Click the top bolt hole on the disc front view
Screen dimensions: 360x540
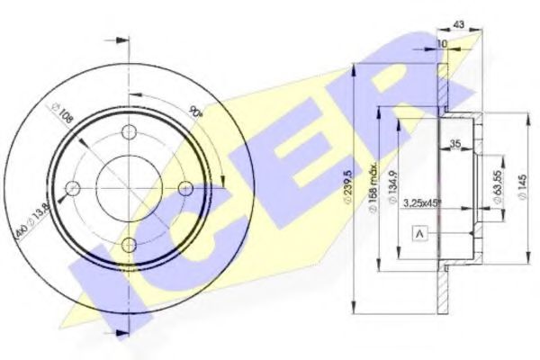pyautogui.click(x=130, y=132)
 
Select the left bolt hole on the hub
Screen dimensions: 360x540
pyautogui.click(x=74, y=188)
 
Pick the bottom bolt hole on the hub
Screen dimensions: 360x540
pyautogui.click(x=130, y=244)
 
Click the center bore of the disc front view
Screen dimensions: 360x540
pyautogui.click(x=130, y=188)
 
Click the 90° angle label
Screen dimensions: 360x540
pyautogui.click(x=196, y=112)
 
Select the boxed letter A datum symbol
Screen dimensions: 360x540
pyautogui.click(x=420, y=234)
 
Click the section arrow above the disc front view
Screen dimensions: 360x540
pyautogui.click(x=115, y=40)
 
